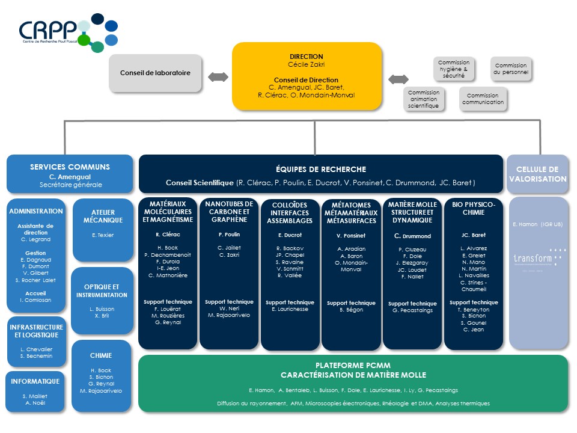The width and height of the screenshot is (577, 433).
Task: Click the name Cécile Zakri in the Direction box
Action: pyautogui.click(x=307, y=64)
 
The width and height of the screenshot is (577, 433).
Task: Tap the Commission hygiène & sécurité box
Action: pyautogui.click(x=454, y=70)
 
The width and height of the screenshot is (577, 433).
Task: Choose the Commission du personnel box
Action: pyautogui.click(x=510, y=69)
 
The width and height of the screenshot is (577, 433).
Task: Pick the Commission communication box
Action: pyautogui.click(x=483, y=99)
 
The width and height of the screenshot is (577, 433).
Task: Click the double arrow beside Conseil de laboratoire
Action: pyautogui.click(x=218, y=77)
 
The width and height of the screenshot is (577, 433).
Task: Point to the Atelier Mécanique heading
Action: pyautogui.click(x=102, y=216)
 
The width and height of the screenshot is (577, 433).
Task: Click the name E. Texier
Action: pyautogui.click(x=102, y=235)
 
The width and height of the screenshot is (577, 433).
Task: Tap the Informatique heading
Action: pyautogui.click(x=35, y=381)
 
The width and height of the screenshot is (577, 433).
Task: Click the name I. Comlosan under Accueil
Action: pyautogui.click(x=36, y=299)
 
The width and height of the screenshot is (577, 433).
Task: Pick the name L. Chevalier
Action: pyautogui.click(x=36, y=349)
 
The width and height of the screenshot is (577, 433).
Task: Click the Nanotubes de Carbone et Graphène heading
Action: pyautogui.click(x=228, y=212)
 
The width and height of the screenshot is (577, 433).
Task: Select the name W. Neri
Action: pyautogui.click(x=228, y=309)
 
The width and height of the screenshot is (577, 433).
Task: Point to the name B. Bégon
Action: pyautogui.click(x=351, y=310)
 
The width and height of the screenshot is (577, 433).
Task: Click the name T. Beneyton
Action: pyautogui.click(x=474, y=309)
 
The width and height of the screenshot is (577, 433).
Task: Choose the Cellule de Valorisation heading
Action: pyautogui.click(x=537, y=174)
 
